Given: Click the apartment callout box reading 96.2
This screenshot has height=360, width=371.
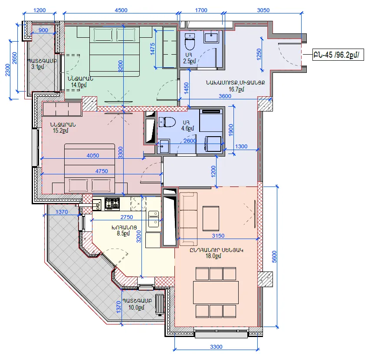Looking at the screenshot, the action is (338, 55).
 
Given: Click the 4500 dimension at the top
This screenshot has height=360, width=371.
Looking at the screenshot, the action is (121, 10).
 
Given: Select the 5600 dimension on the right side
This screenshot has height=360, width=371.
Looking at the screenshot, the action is (274, 257).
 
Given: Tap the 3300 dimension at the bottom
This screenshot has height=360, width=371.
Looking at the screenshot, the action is (216, 347).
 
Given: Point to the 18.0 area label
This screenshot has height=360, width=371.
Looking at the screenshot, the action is (213, 256).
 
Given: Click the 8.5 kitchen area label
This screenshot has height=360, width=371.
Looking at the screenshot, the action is (123, 233).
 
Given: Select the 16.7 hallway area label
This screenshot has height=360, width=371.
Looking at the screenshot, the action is (236, 89).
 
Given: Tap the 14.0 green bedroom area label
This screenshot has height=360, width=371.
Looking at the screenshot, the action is (79, 85).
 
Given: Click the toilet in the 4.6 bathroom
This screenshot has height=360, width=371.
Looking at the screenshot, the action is (167, 122).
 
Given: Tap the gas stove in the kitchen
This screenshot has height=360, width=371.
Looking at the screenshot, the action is (112, 204).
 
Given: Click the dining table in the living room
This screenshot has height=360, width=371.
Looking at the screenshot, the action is (216, 292).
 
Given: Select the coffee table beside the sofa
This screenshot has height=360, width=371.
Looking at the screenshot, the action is (211, 218).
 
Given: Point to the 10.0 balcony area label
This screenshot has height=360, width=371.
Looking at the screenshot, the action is (136, 308).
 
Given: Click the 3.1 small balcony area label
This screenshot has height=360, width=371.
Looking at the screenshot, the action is (38, 67).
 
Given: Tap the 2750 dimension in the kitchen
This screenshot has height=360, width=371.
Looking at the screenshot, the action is (127, 217).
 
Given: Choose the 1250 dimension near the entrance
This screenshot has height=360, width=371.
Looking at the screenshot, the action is (259, 54).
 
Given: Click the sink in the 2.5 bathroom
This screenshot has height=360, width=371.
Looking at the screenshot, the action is (211, 38).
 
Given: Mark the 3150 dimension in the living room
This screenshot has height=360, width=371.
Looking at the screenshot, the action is (218, 236).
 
